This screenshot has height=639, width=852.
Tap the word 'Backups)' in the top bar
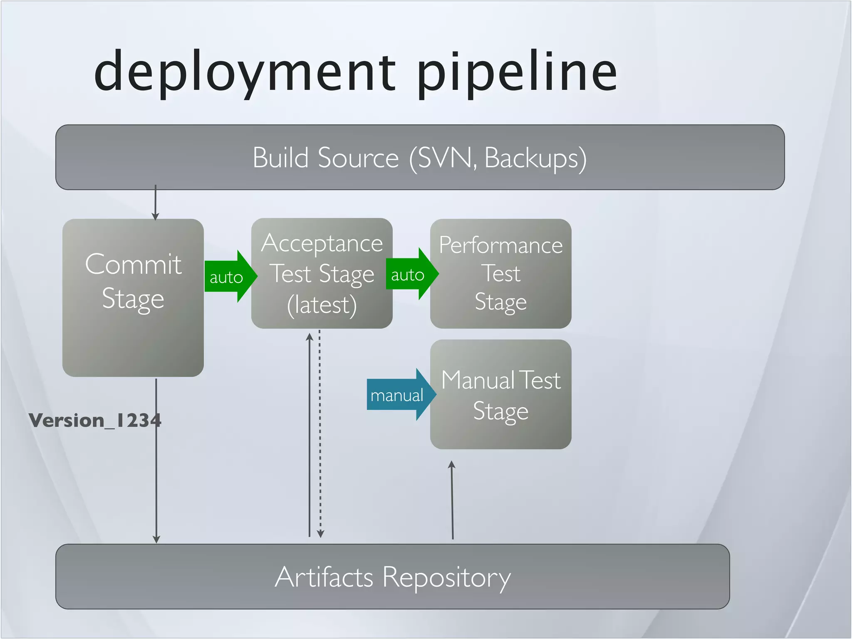(535, 158)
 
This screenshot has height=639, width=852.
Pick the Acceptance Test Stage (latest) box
(322, 273)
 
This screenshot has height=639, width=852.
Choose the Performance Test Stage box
(500, 273)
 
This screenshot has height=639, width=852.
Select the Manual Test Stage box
(500, 394)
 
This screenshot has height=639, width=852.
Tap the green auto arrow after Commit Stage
(229, 277)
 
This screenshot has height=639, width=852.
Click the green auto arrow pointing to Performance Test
(410, 274)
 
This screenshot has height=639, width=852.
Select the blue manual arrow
(399, 395)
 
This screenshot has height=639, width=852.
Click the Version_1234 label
(95, 420)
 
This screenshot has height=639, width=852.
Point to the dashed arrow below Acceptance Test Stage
(320, 433)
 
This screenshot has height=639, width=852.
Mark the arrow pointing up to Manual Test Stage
(452, 499)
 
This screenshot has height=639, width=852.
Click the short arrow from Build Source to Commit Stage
(155, 203)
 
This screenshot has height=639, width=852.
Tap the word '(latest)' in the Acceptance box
(322, 305)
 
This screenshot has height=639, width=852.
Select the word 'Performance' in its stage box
(500, 245)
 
